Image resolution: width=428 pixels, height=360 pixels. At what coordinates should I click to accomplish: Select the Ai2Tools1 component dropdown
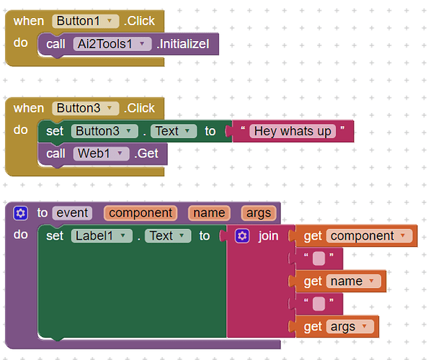point(112,44)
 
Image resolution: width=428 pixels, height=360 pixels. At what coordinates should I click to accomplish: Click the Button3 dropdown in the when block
point(86,108)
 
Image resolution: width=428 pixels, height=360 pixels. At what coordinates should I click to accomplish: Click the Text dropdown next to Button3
point(173,131)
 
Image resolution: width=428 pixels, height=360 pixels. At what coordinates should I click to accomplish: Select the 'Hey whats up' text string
point(293,131)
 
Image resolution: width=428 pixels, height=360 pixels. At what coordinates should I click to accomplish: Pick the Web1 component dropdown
point(101,153)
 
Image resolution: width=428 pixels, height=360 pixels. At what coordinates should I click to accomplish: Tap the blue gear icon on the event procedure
point(21,212)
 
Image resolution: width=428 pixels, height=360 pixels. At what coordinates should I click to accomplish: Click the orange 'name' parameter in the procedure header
point(209,212)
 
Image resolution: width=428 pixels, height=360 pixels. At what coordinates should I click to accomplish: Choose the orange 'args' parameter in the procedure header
point(257,212)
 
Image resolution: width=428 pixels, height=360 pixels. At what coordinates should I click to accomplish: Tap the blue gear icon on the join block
point(242,235)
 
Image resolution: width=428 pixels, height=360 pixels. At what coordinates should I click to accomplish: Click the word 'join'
point(268,235)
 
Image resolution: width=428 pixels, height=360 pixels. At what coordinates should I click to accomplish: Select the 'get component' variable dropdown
point(369,235)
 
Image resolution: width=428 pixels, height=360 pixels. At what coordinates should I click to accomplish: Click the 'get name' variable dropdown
point(354,281)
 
